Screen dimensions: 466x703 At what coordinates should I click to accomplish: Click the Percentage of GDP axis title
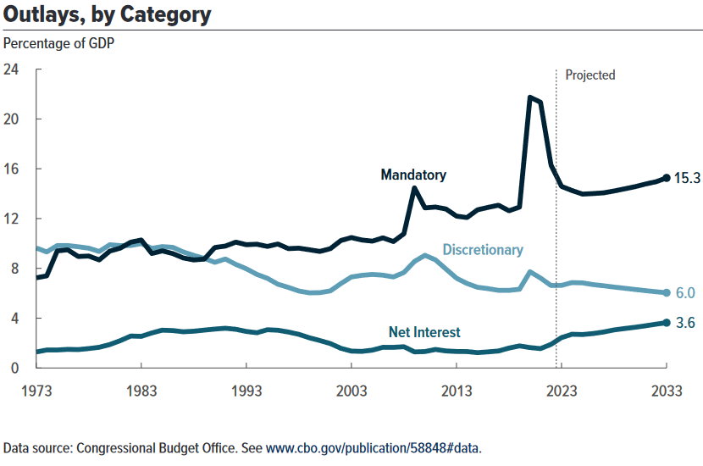[x=58, y=42]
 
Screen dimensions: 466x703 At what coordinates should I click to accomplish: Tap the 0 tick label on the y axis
[x=15, y=368]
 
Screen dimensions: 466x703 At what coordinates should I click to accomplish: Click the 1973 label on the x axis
[x=36, y=391]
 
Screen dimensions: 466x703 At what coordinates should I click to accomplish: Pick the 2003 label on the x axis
[x=351, y=391]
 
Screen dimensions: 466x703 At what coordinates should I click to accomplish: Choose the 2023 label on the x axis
[x=562, y=391]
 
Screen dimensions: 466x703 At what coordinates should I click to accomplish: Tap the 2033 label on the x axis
[x=666, y=391]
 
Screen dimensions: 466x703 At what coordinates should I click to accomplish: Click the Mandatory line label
[x=413, y=175]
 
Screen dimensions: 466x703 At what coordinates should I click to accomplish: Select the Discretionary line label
[x=483, y=250]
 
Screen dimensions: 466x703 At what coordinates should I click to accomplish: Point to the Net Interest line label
[x=424, y=331]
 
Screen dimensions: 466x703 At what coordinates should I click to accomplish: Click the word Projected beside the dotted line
[x=590, y=75]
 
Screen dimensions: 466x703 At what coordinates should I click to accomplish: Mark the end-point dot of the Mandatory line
[x=667, y=178]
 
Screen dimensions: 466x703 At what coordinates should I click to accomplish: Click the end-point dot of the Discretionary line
[x=667, y=293]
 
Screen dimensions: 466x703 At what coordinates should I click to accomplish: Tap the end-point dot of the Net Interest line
[x=667, y=323]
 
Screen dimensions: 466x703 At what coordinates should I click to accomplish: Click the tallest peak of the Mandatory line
[x=530, y=97]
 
